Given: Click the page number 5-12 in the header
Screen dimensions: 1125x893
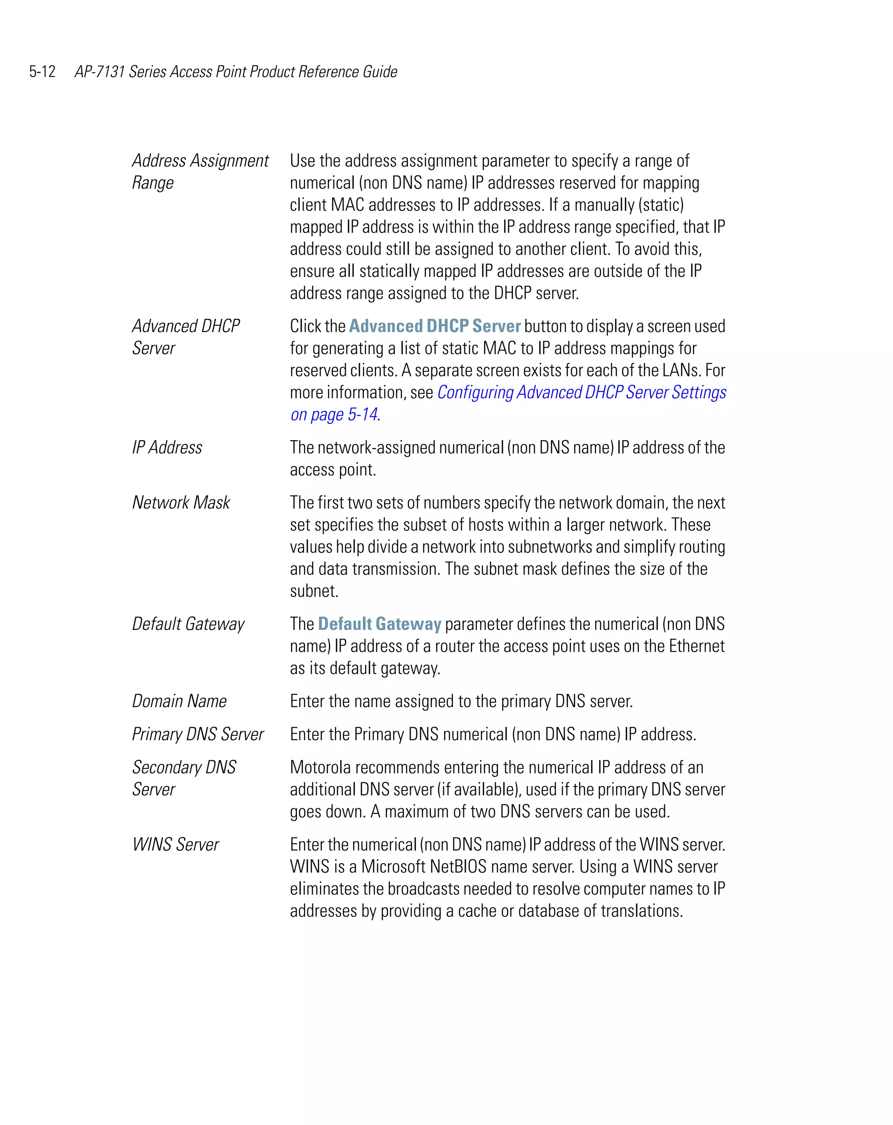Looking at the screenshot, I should coord(42,72).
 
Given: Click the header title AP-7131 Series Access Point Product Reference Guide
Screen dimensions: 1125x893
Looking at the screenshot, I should coord(236,72).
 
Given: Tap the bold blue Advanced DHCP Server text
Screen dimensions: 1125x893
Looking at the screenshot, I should coord(434,326).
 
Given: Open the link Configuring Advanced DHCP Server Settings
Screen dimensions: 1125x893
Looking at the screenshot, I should coord(581,393).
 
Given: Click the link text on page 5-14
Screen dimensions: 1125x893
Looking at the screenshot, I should coord(334,415).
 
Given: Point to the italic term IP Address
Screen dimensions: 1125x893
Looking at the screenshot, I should coord(167,448).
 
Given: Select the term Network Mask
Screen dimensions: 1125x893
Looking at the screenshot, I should coord(181,503).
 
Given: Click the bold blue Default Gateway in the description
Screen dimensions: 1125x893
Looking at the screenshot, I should coord(379,624).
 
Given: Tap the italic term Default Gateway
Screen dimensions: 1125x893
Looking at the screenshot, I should coord(188,624).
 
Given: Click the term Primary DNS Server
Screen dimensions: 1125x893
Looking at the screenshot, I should coord(198,734).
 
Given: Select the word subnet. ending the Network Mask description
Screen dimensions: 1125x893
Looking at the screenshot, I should coord(314,591).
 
